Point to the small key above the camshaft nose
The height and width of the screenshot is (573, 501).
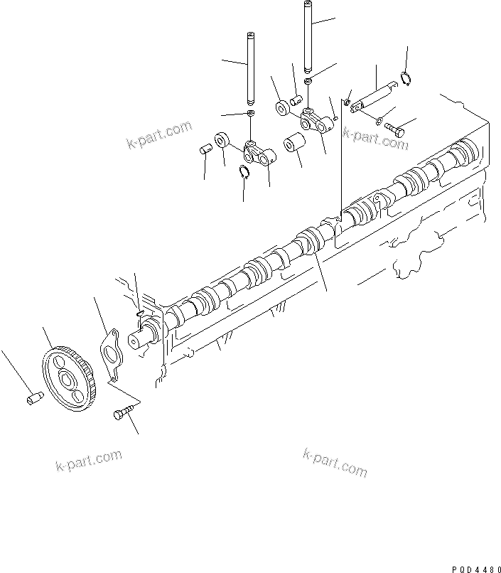[x=139, y=311]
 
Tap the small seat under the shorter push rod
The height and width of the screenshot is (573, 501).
[x=251, y=114]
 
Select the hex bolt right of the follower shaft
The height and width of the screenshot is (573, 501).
[x=396, y=129]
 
